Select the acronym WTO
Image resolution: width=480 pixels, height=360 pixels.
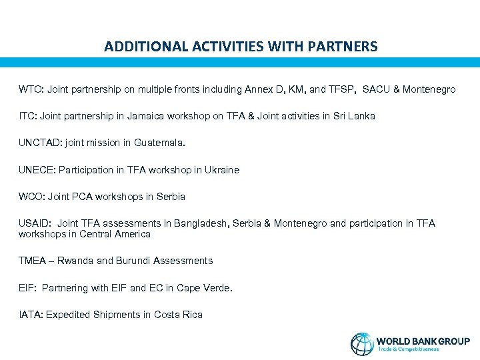[29, 89]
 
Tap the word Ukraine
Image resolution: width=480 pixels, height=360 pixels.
[222, 170]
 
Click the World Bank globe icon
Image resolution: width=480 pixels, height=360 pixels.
[363, 343]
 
